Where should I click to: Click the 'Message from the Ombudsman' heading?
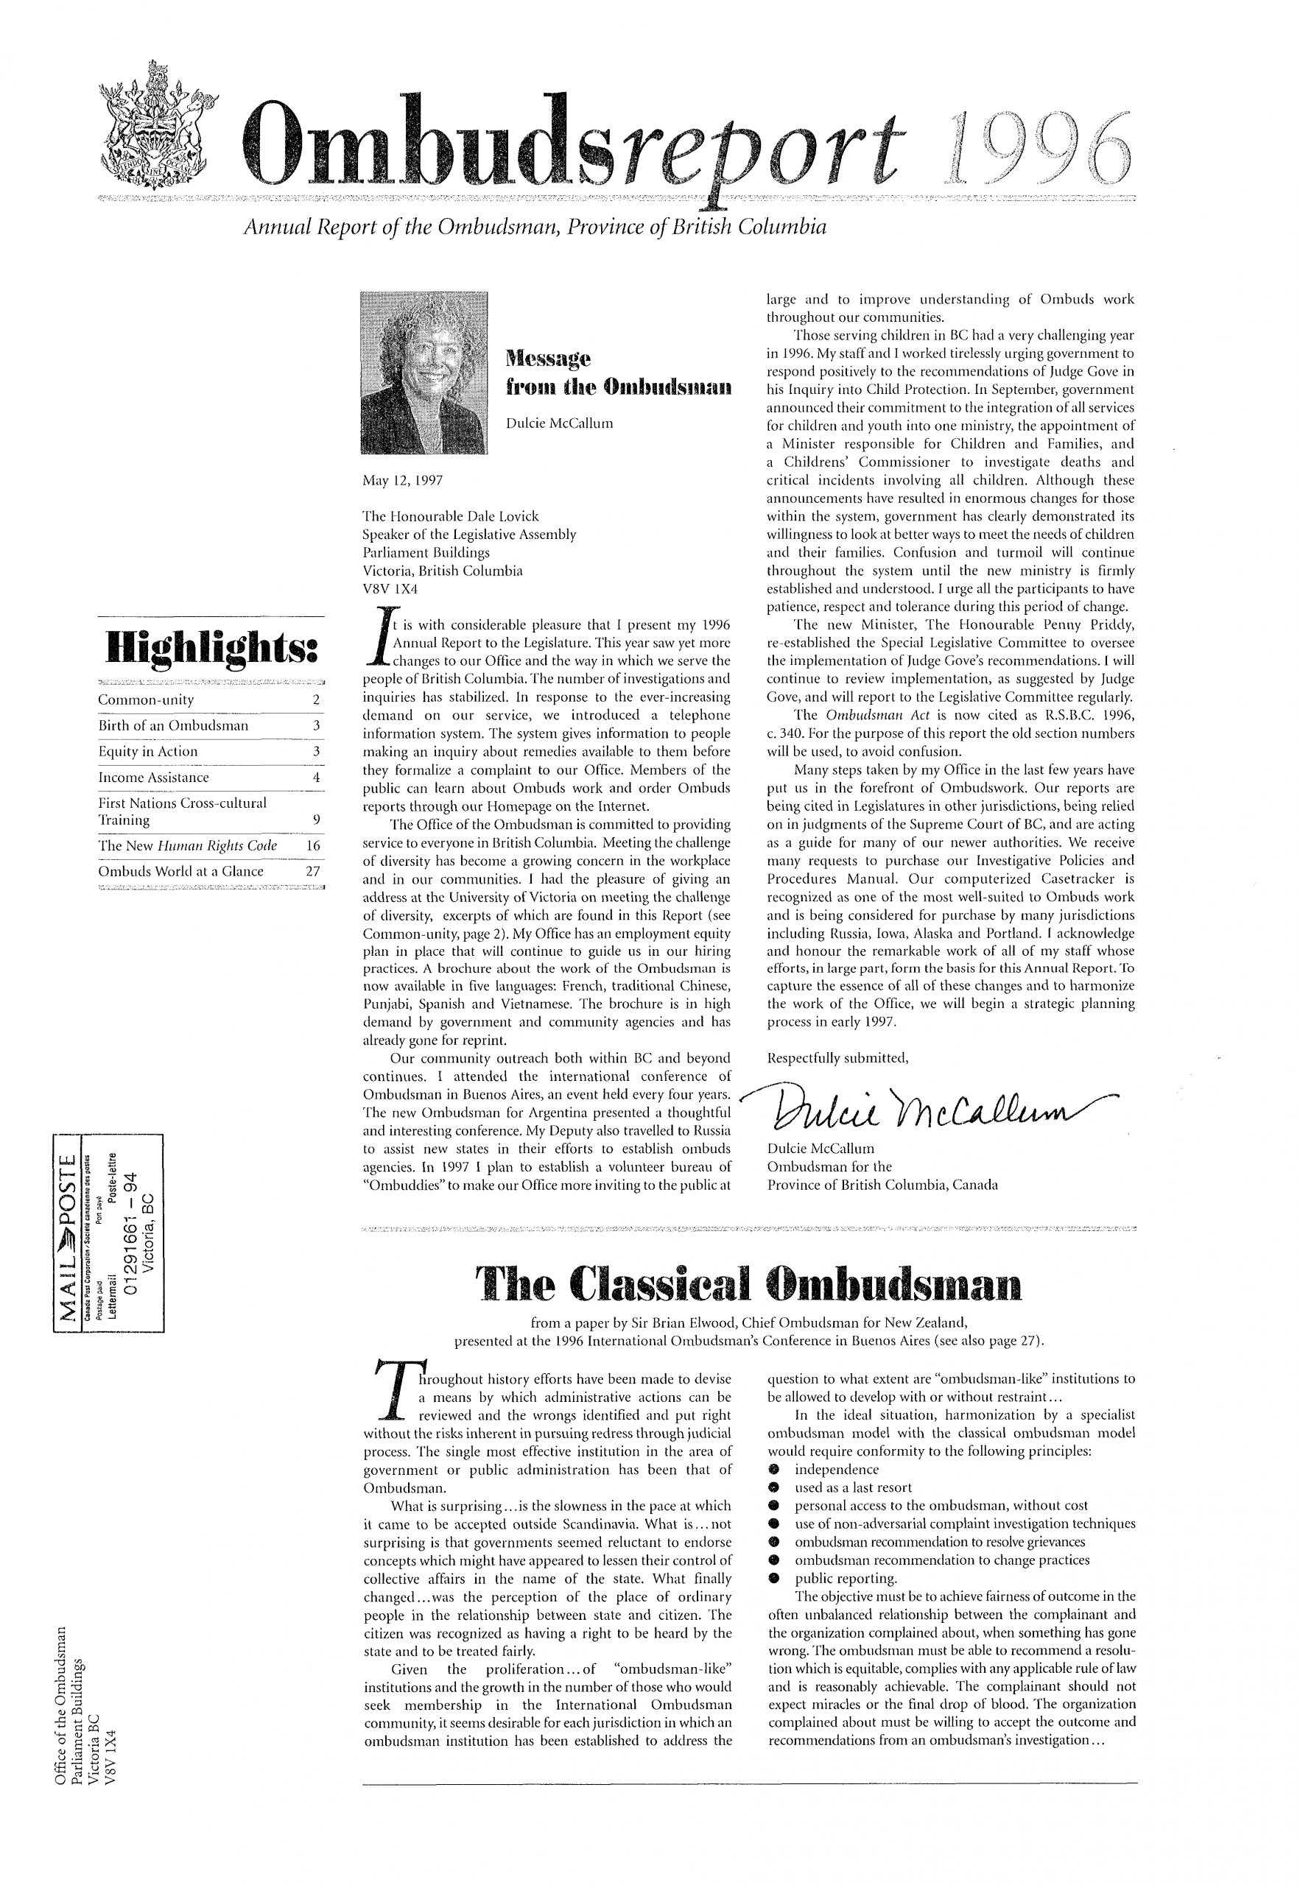[618, 370]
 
